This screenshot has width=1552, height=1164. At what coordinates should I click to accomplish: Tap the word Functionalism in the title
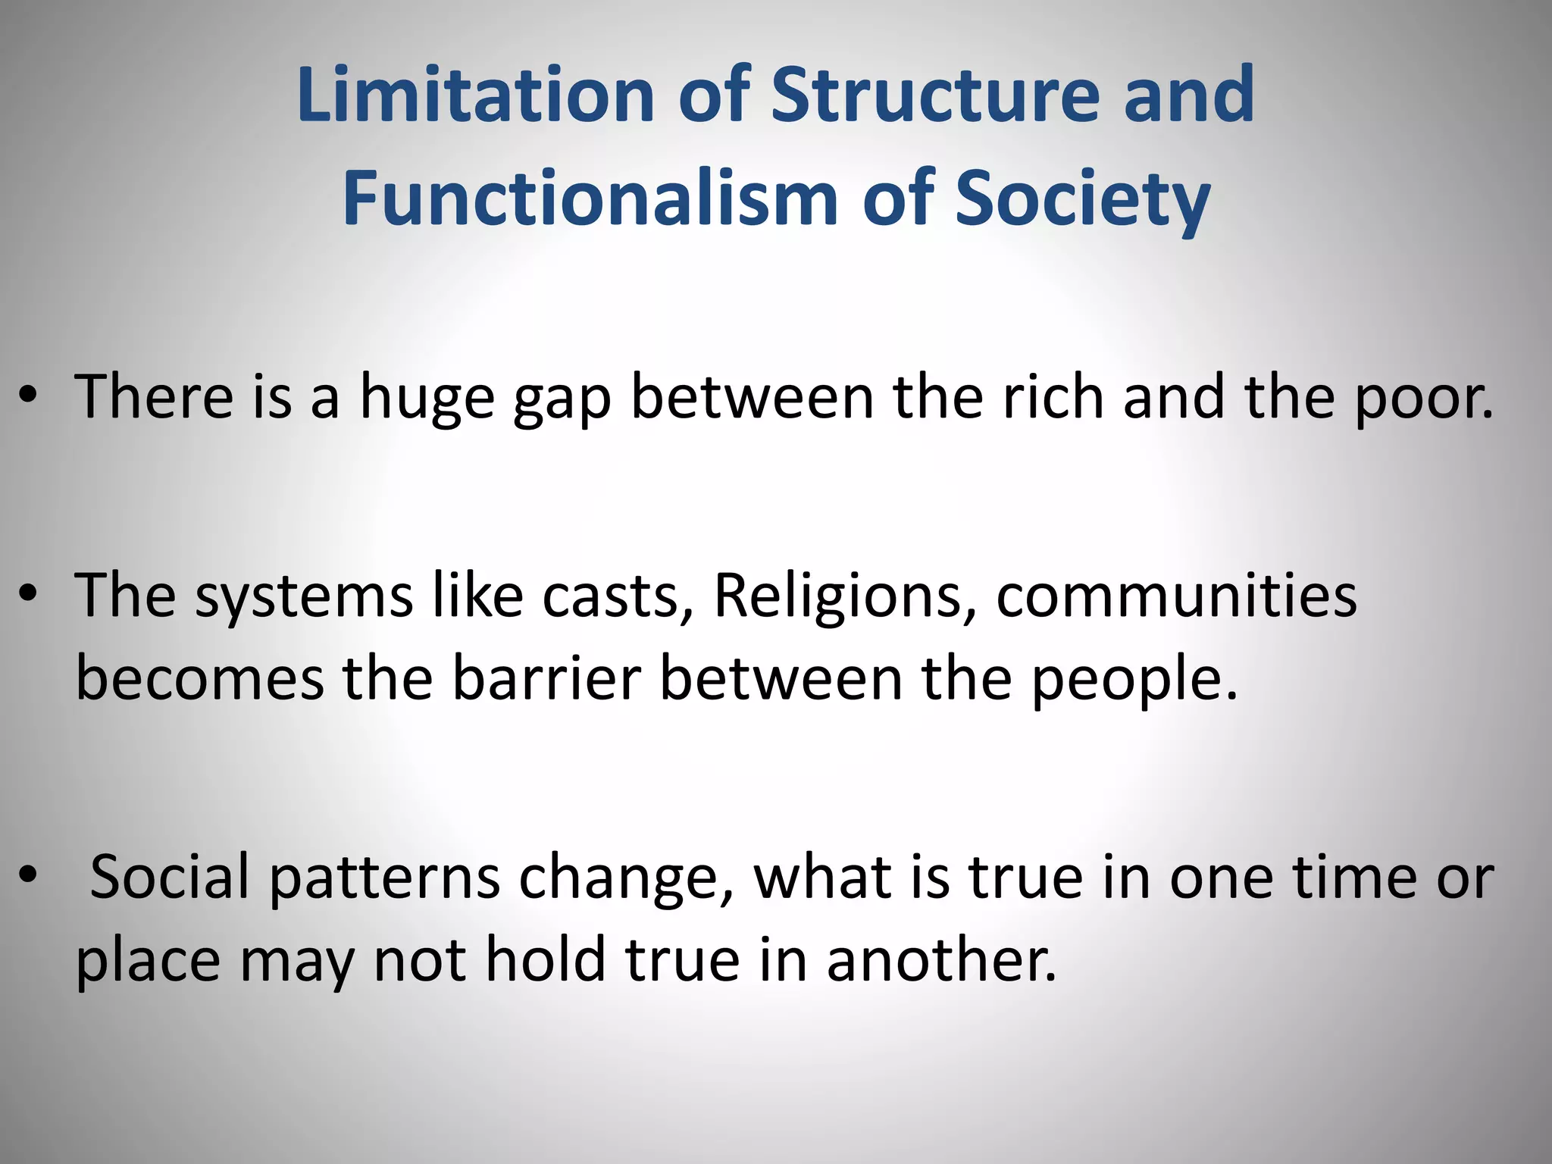[x=590, y=199]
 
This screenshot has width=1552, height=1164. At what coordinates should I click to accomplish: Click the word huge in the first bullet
[x=427, y=398]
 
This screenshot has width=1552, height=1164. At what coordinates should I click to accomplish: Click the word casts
[x=610, y=596]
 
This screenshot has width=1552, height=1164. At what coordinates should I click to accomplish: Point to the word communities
[x=1176, y=596]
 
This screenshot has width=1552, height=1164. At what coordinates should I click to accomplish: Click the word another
[x=940, y=959]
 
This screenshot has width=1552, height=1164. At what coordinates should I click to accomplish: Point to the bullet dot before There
[x=29, y=397]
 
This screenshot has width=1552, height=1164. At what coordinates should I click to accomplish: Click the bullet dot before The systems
[x=29, y=596]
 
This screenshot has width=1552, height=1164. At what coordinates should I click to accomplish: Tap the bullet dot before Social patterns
[x=29, y=876]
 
